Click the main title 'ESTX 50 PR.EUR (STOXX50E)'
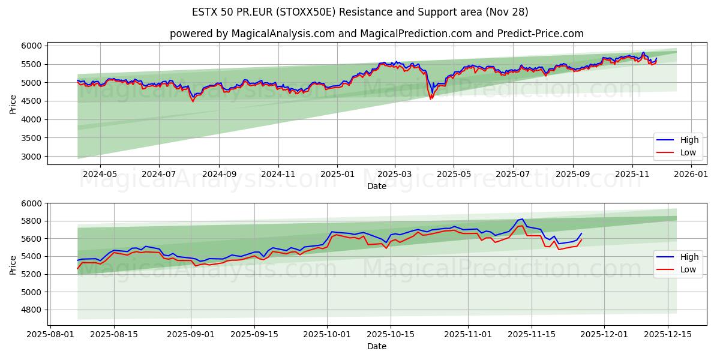click(x=360, y=12)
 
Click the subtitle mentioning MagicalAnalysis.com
click(x=376, y=34)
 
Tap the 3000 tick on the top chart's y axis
click(x=34, y=157)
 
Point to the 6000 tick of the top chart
click(x=34, y=46)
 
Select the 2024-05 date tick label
click(x=100, y=174)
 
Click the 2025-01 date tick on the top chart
click(x=337, y=174)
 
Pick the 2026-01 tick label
click(x=691, y=174)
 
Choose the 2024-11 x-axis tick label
click(x=278, y=174)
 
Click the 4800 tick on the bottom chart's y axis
click(x=34, y=310)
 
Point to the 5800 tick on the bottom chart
click(x=34, y=221)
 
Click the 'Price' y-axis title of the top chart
click(x=13, y=103)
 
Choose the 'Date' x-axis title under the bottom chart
click(x=376, y=346)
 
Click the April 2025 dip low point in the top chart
click(x=430, y=99)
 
